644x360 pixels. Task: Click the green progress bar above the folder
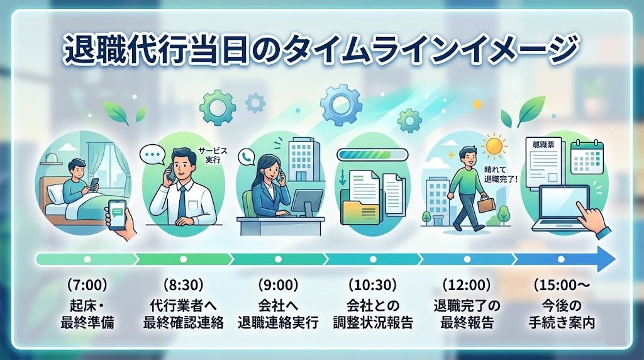(x=372, y=154)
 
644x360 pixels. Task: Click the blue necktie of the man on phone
(x=181, y=201)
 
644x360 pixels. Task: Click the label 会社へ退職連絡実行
(x=278, y=315)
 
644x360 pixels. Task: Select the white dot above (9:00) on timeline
(x=278, y=259)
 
